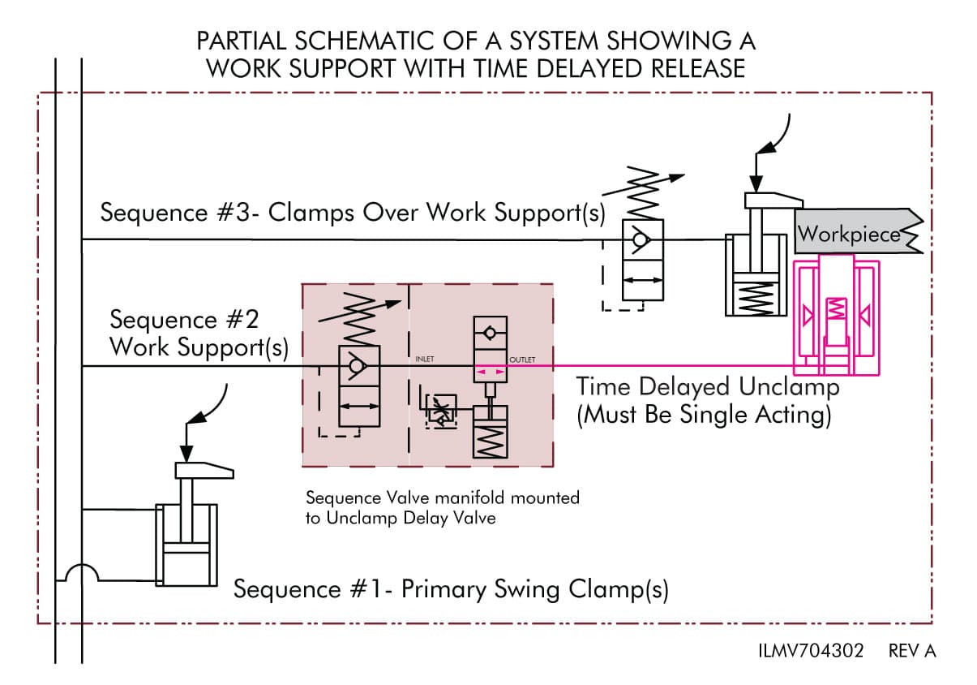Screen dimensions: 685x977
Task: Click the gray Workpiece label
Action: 849,234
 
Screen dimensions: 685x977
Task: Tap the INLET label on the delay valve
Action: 425,359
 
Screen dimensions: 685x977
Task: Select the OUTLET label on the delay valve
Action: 522,359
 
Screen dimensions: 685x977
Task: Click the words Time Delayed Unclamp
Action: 707,386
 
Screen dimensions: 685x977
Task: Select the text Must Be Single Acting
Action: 703,415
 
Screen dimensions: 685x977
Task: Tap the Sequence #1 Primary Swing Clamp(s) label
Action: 451,588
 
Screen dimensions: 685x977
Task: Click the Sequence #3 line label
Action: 352,213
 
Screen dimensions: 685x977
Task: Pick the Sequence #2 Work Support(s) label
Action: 199,333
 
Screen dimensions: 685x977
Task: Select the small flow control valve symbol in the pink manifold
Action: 440,411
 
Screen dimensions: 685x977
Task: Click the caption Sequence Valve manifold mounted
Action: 442,497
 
